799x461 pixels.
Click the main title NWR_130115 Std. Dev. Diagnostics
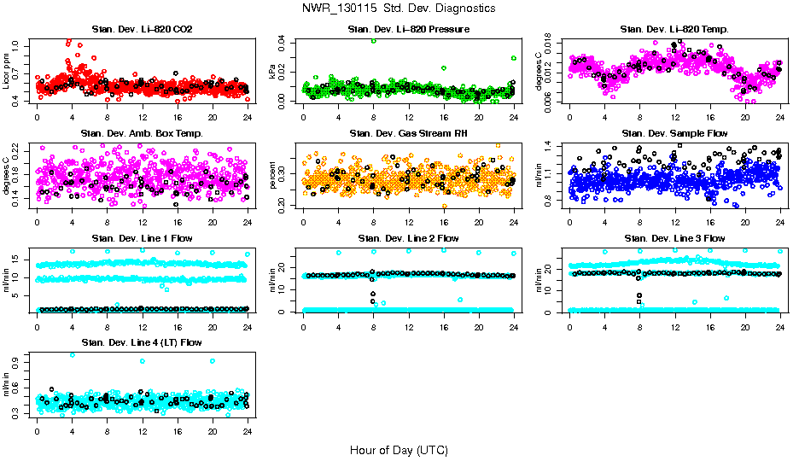[399, 9]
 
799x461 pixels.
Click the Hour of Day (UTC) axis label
[399, 450]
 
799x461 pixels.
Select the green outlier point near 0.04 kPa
[373, 41]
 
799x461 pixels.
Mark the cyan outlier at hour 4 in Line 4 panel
[72, 354]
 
